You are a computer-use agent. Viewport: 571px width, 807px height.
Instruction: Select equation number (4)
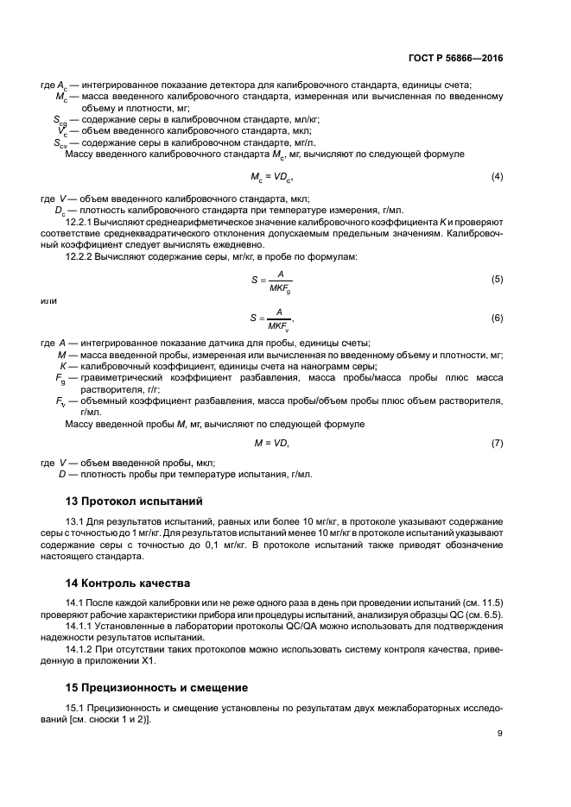[497, 176]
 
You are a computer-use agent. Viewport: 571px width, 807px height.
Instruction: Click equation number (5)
[497, 280]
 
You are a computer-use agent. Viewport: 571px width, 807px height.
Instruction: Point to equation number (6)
[497, 318]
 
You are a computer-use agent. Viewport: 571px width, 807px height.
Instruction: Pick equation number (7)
[497, 443]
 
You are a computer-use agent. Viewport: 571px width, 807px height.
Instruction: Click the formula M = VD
[271, 443]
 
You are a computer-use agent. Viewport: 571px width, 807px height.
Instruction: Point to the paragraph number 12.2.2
[81, 256]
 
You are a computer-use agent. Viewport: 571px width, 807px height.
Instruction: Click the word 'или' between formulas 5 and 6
[48, 300]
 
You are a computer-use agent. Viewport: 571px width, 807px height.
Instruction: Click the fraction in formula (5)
[279, 281]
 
